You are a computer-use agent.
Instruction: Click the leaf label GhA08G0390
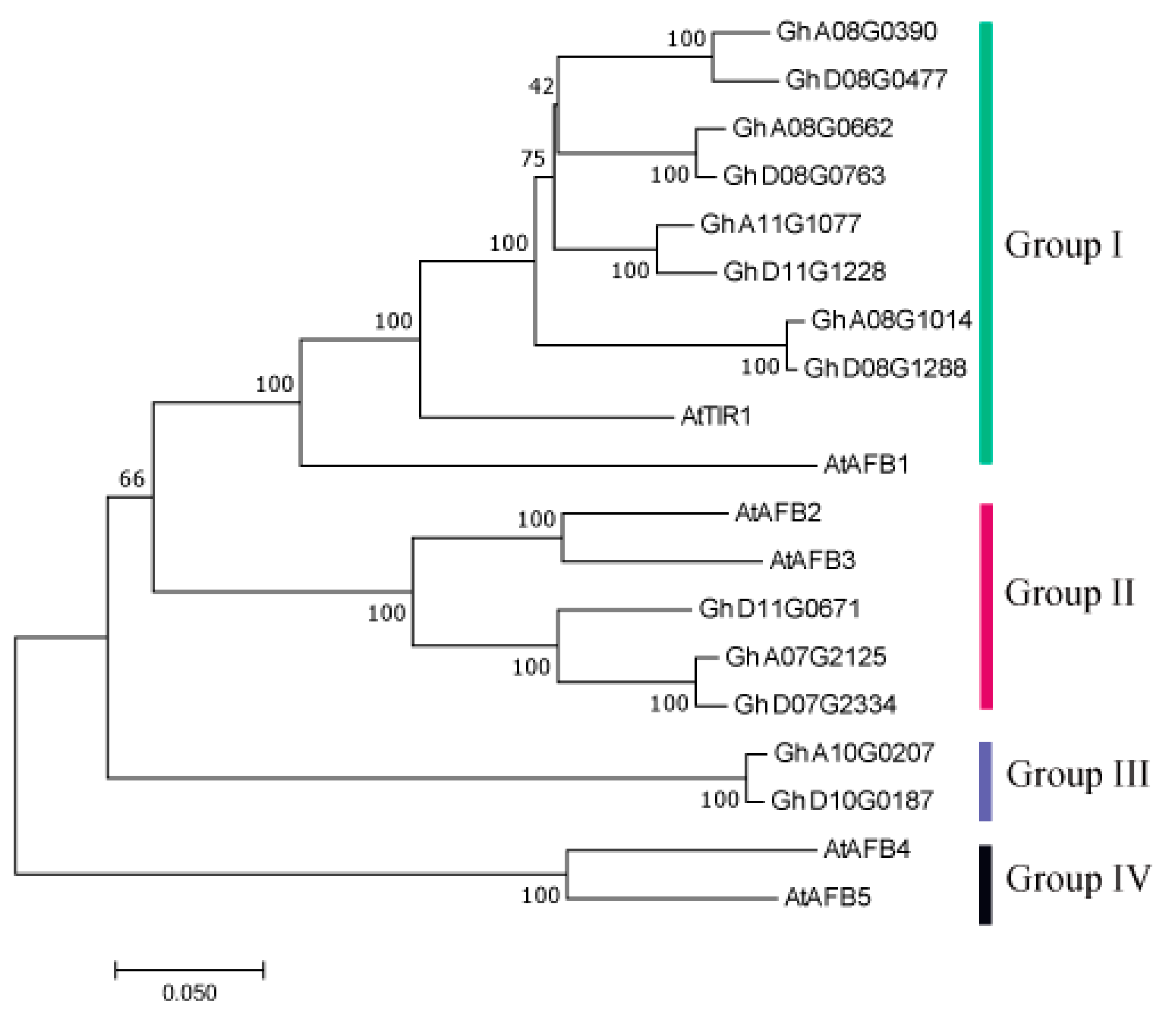pos(856,32)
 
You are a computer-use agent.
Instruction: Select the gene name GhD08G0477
pos(866,80)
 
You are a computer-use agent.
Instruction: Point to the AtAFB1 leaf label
pos(866,465)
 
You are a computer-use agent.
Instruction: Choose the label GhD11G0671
pos(779,609)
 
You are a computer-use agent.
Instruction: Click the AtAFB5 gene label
pos(827,897)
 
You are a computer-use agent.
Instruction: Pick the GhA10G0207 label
pos(853,753)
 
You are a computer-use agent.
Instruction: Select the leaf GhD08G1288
pos(885,369)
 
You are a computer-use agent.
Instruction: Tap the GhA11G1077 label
pos(780,224)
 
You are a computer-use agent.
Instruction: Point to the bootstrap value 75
pos(533,159)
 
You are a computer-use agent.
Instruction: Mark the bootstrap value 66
pos(131,479)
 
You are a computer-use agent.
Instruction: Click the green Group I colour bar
pos(986,243)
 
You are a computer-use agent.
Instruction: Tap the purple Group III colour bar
pos(986,780)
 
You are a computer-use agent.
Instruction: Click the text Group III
pos(1077,774)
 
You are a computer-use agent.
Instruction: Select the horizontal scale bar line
pos(189,970)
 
